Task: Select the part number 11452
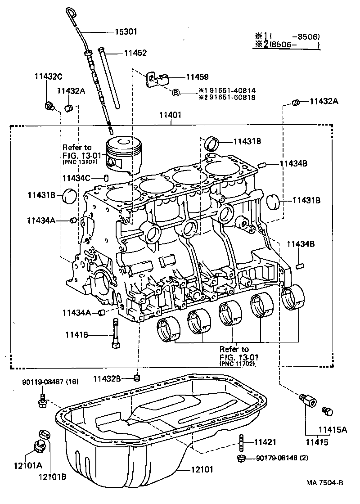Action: point(135,53)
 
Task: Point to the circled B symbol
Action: point(176,92)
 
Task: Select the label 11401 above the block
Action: point(170,115)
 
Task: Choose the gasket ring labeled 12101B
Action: point(45,434)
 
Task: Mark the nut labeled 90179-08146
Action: point(240,459)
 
